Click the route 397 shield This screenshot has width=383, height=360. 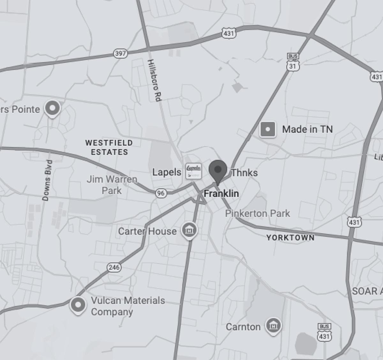[121, 53]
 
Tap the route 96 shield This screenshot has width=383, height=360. [161, 193]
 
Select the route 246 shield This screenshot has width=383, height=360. [114, 267]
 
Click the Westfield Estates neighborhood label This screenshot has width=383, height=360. [109, 147]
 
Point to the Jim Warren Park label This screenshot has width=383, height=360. [112, 185]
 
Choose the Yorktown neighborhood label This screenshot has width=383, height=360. [290, 237]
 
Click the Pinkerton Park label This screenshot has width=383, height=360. [258, 213]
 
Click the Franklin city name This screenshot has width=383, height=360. [221, 193]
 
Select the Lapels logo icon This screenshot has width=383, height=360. [194, 171]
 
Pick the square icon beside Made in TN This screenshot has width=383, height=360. [268, 129]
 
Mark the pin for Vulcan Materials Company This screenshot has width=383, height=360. [78, 305]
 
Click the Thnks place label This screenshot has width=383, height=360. [244, 173]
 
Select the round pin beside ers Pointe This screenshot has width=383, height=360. [52, 109]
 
